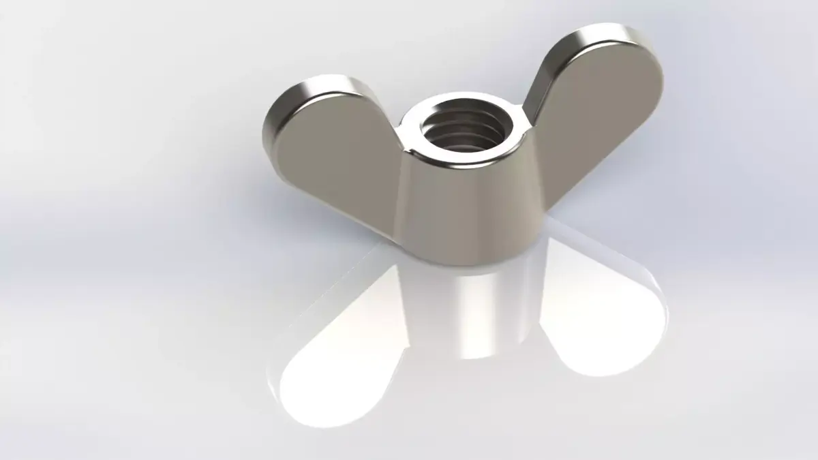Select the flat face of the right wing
[600, 116]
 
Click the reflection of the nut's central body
[470, 313]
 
